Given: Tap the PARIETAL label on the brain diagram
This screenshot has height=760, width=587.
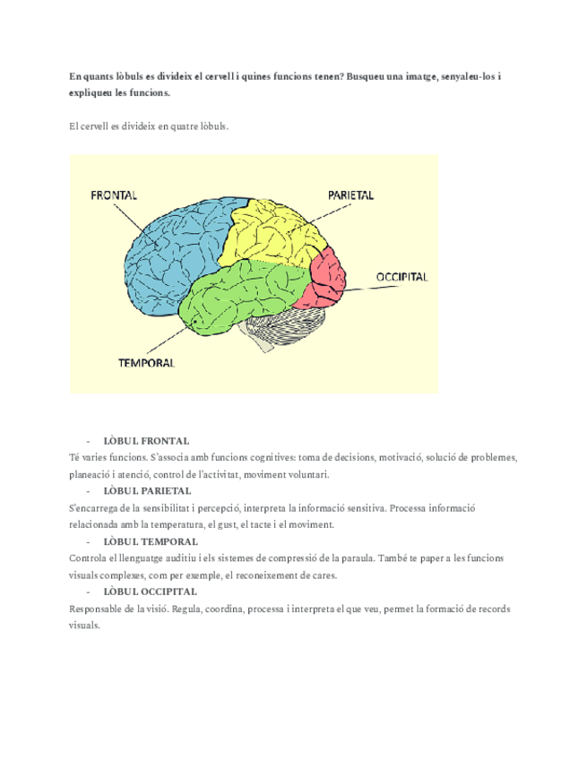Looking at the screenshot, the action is coord(350,194).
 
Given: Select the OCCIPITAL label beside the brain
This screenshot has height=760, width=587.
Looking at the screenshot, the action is coord(402,277).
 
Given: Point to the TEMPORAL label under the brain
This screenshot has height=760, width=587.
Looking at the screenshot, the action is coord(146,363).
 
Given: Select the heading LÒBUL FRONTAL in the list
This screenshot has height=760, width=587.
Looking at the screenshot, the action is coord(146,441).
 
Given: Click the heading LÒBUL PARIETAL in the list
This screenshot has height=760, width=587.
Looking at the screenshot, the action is coord(147,491).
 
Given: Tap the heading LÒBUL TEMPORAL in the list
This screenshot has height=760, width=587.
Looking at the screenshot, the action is coord(151,541).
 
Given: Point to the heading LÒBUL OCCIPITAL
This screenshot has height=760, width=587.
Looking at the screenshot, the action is coord(151,592).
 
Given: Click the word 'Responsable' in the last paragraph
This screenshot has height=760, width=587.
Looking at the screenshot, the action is coord(94,609).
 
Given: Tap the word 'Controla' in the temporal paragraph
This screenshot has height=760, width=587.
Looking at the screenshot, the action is coord(86,558).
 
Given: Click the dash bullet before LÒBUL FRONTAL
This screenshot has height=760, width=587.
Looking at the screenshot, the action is coord(88,441).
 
